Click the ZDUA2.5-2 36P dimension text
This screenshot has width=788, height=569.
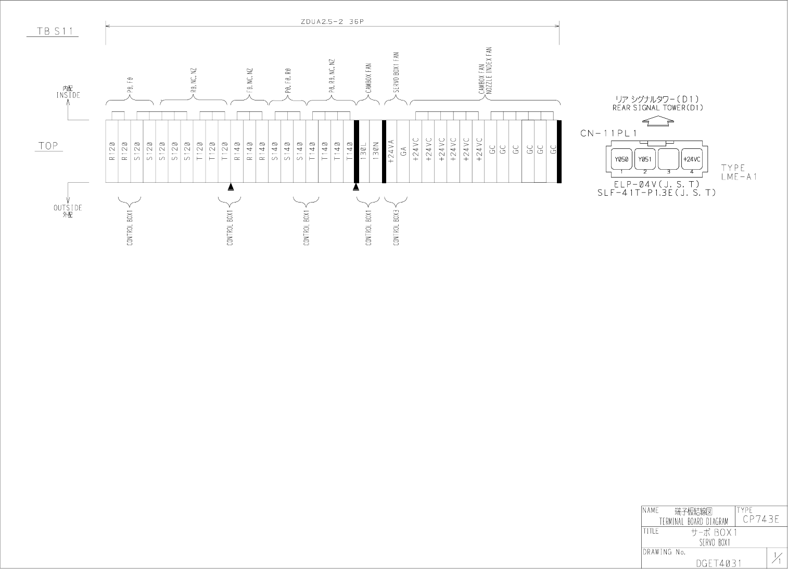click(332, 22)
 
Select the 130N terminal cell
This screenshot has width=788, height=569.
click(376, 151)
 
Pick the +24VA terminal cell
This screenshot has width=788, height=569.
click(391, 151)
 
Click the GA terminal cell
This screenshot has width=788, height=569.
click(403, 151)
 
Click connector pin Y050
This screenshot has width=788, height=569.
click(620, 159)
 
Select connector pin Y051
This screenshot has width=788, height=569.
click(644, 159)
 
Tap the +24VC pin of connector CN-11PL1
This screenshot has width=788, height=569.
click(692, 159)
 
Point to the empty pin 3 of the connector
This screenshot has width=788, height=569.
click(668, 159)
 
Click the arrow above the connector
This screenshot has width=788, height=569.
click(658, 121)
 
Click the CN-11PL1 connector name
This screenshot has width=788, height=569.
click(608, 133)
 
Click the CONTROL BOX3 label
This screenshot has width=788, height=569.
click(396, 228)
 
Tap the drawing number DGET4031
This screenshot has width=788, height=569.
click(718, 563)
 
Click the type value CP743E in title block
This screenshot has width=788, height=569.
click(760, 519)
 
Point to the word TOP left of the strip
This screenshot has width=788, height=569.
click(48, 146)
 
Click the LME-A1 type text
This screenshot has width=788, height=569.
click(739, 177)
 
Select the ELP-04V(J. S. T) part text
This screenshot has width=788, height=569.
click(656, 184)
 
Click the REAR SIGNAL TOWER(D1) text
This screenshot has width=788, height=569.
click(657, 108)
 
